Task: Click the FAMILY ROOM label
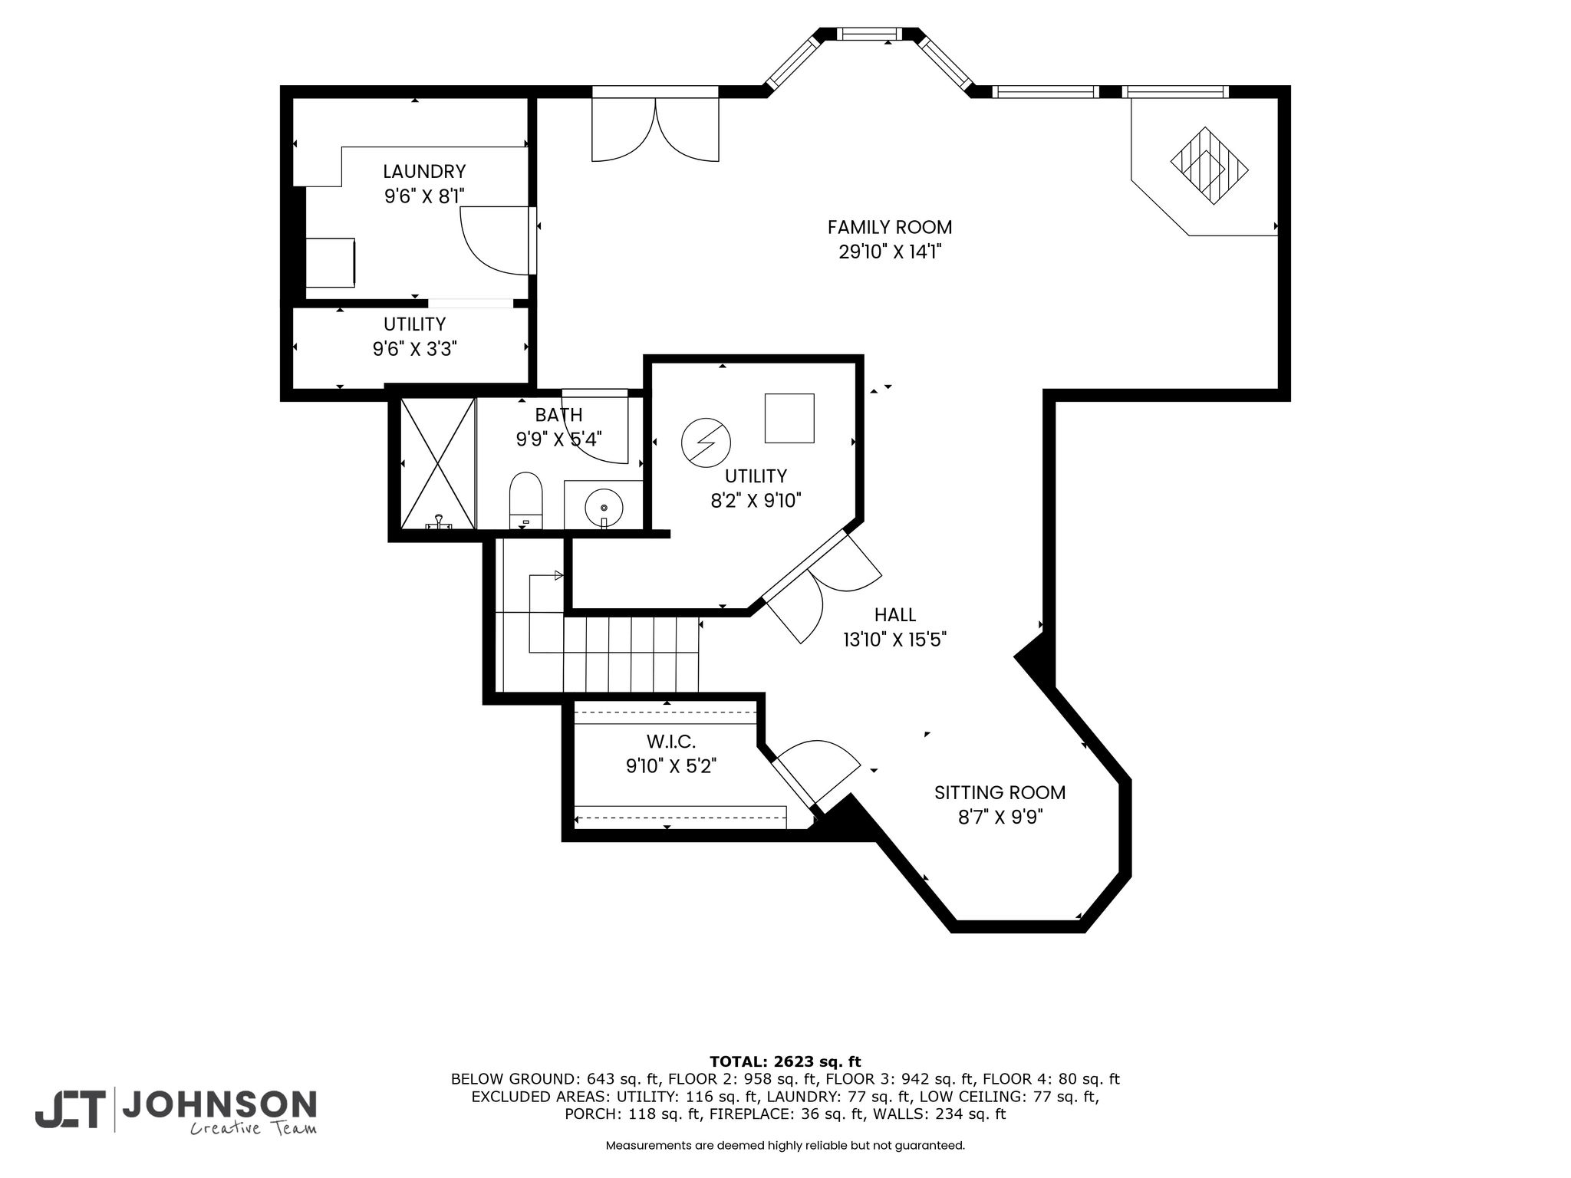tap(890, 227)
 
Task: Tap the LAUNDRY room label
tap(424, 171)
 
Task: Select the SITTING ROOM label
tap(1000, 792)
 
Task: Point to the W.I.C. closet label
tap(671, 742)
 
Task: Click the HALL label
tap(895, 614)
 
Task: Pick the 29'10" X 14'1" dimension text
tap(890, 252)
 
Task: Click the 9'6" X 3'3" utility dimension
tap(415, 350)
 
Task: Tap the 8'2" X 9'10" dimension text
tap(756, 501)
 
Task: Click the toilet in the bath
tap(526, 500)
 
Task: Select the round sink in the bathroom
tap(604, 508)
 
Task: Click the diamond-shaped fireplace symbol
tap(1209, 166)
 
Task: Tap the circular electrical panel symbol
tap(706, 442)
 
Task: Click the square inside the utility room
tap(789, 418)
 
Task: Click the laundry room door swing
tap(496, 240)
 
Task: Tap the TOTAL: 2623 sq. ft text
tap(785, 1061)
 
